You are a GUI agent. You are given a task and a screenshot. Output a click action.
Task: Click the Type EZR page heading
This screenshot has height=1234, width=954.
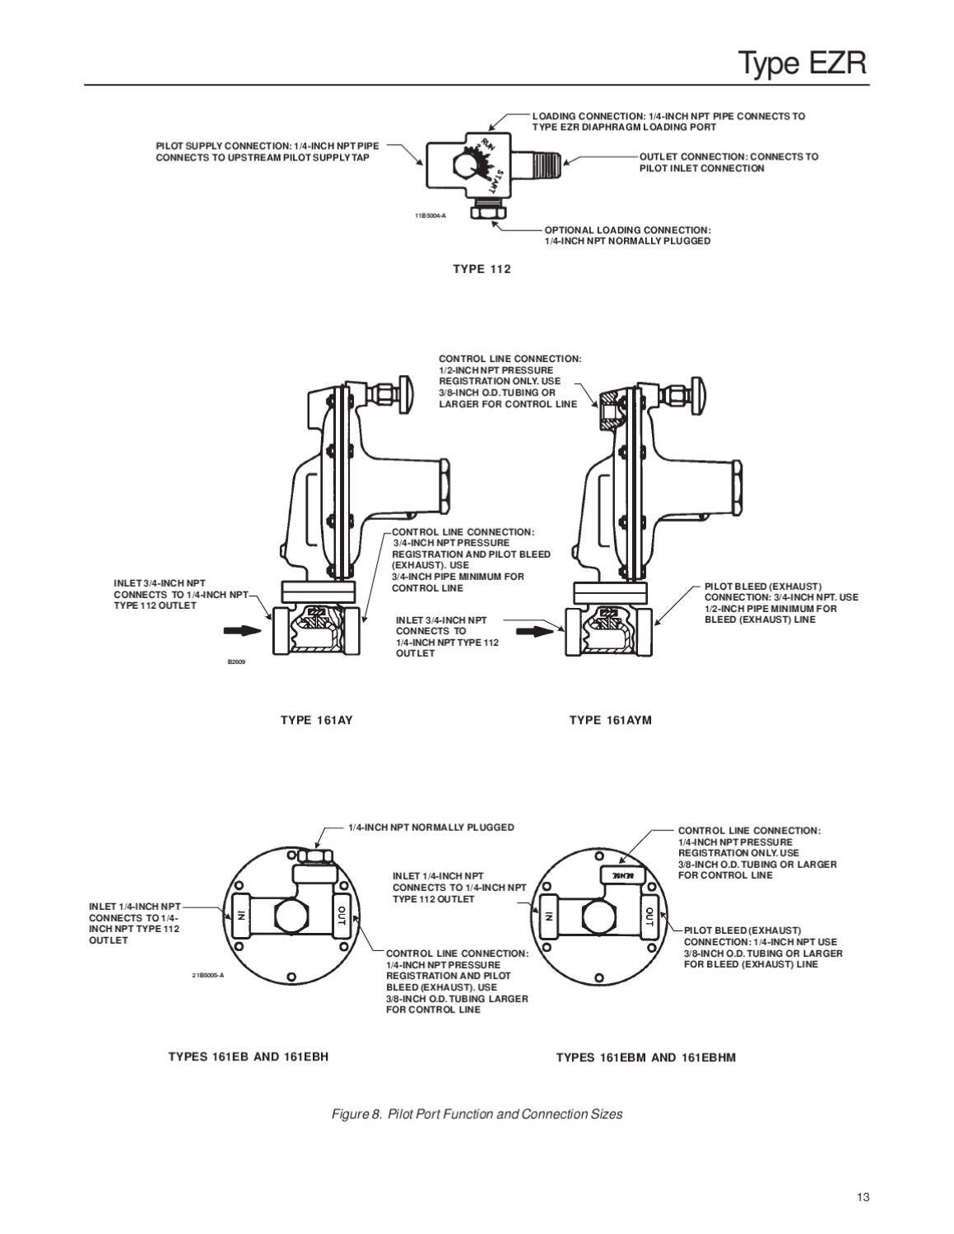802,63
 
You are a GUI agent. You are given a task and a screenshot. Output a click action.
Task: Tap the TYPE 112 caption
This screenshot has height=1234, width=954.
482,269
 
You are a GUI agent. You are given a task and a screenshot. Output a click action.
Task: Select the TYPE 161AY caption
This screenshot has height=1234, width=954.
316,721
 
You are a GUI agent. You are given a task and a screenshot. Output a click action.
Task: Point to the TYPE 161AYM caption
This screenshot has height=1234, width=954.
610,721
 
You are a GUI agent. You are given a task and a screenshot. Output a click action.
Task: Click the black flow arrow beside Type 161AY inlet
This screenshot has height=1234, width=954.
241,630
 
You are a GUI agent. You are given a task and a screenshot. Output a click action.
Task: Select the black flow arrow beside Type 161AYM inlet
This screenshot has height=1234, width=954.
533,630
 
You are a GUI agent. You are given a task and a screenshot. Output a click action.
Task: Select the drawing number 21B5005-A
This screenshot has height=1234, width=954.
207,976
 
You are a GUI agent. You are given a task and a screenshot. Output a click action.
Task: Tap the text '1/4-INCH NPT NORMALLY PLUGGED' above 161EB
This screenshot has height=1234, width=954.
430,828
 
